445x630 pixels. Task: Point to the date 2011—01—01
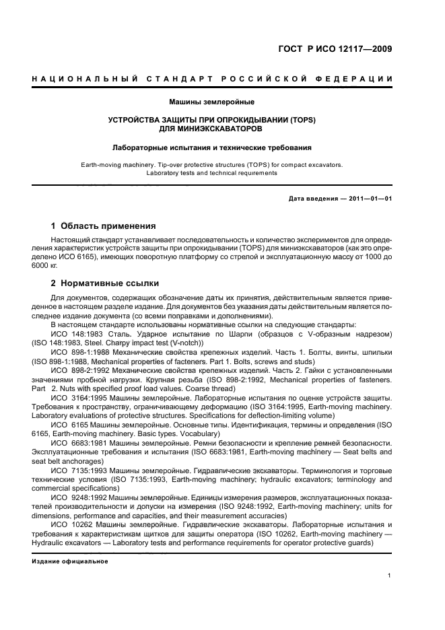(x=369, y=199)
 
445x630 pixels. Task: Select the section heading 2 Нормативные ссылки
(x=105, y=283)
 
